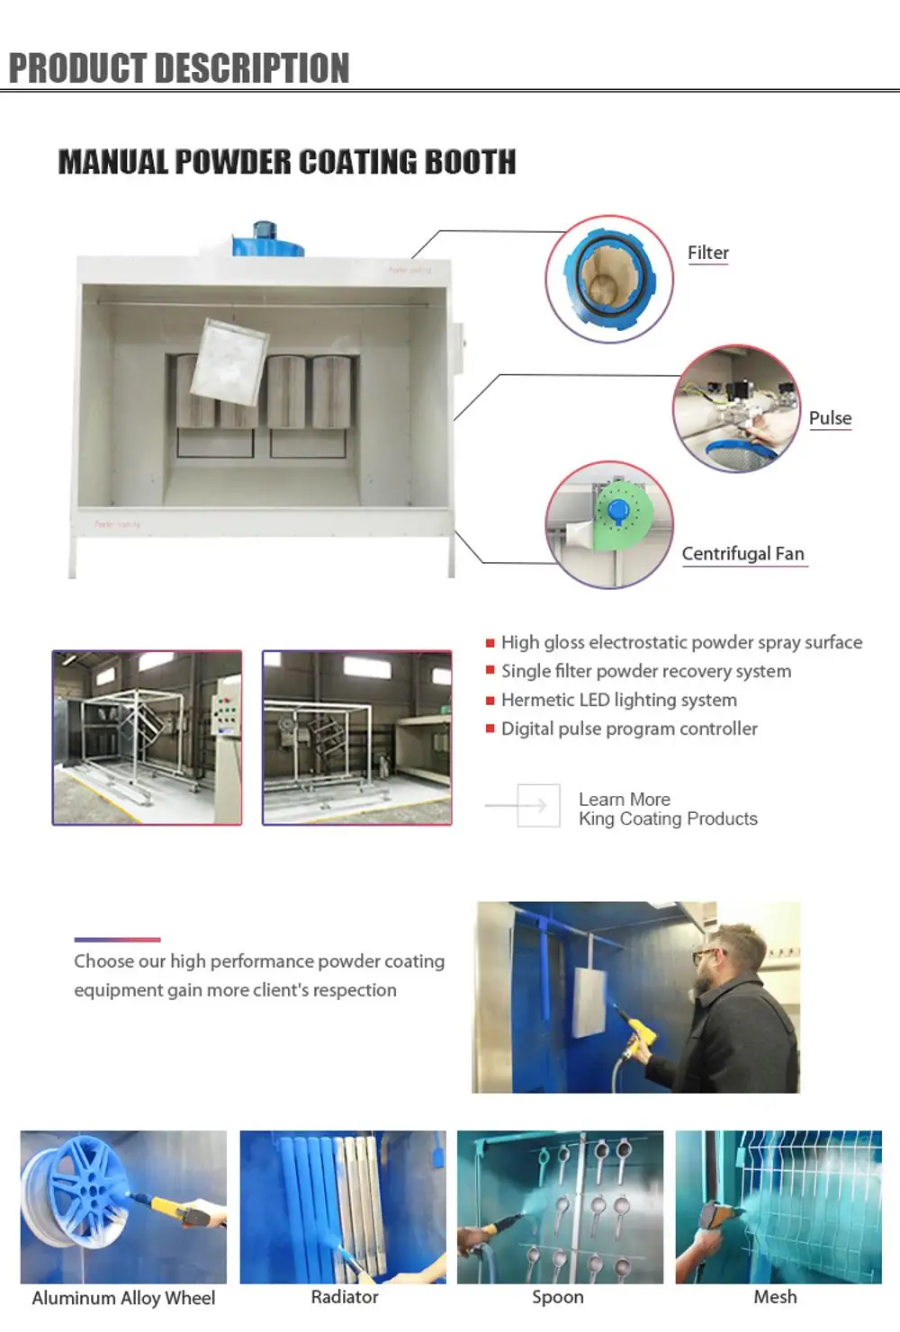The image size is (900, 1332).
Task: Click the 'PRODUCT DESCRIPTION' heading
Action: click(x=179, y=68)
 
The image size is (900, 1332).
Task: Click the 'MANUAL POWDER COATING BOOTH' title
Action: click(x=287, y=162)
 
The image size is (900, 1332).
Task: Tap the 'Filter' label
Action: click(x=708, y=253)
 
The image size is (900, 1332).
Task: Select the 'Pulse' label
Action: click(x=830, y=418)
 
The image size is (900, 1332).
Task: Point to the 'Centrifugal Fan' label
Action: click(x=742, y=554)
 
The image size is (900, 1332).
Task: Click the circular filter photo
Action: click(x=609, y=279)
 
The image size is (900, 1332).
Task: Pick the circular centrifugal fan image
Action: click(x=609, y=524)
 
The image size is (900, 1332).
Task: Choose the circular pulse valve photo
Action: click(x=736, y=408)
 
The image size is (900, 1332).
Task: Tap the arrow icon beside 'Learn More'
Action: click(x=538, y=806)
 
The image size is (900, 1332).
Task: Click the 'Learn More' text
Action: click(x=625, y=800)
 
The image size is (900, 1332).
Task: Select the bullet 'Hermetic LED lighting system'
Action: click(x=618, y=700)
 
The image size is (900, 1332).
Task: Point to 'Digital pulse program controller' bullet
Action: click(x=629, y=729)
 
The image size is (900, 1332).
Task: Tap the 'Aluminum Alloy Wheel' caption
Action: click(x=123, y=1298)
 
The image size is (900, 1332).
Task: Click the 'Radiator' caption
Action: click(x=345, y=1297)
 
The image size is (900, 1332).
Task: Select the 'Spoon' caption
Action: click(x=558, y=1297)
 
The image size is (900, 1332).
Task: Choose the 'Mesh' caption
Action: click(x=775, y=1297)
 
